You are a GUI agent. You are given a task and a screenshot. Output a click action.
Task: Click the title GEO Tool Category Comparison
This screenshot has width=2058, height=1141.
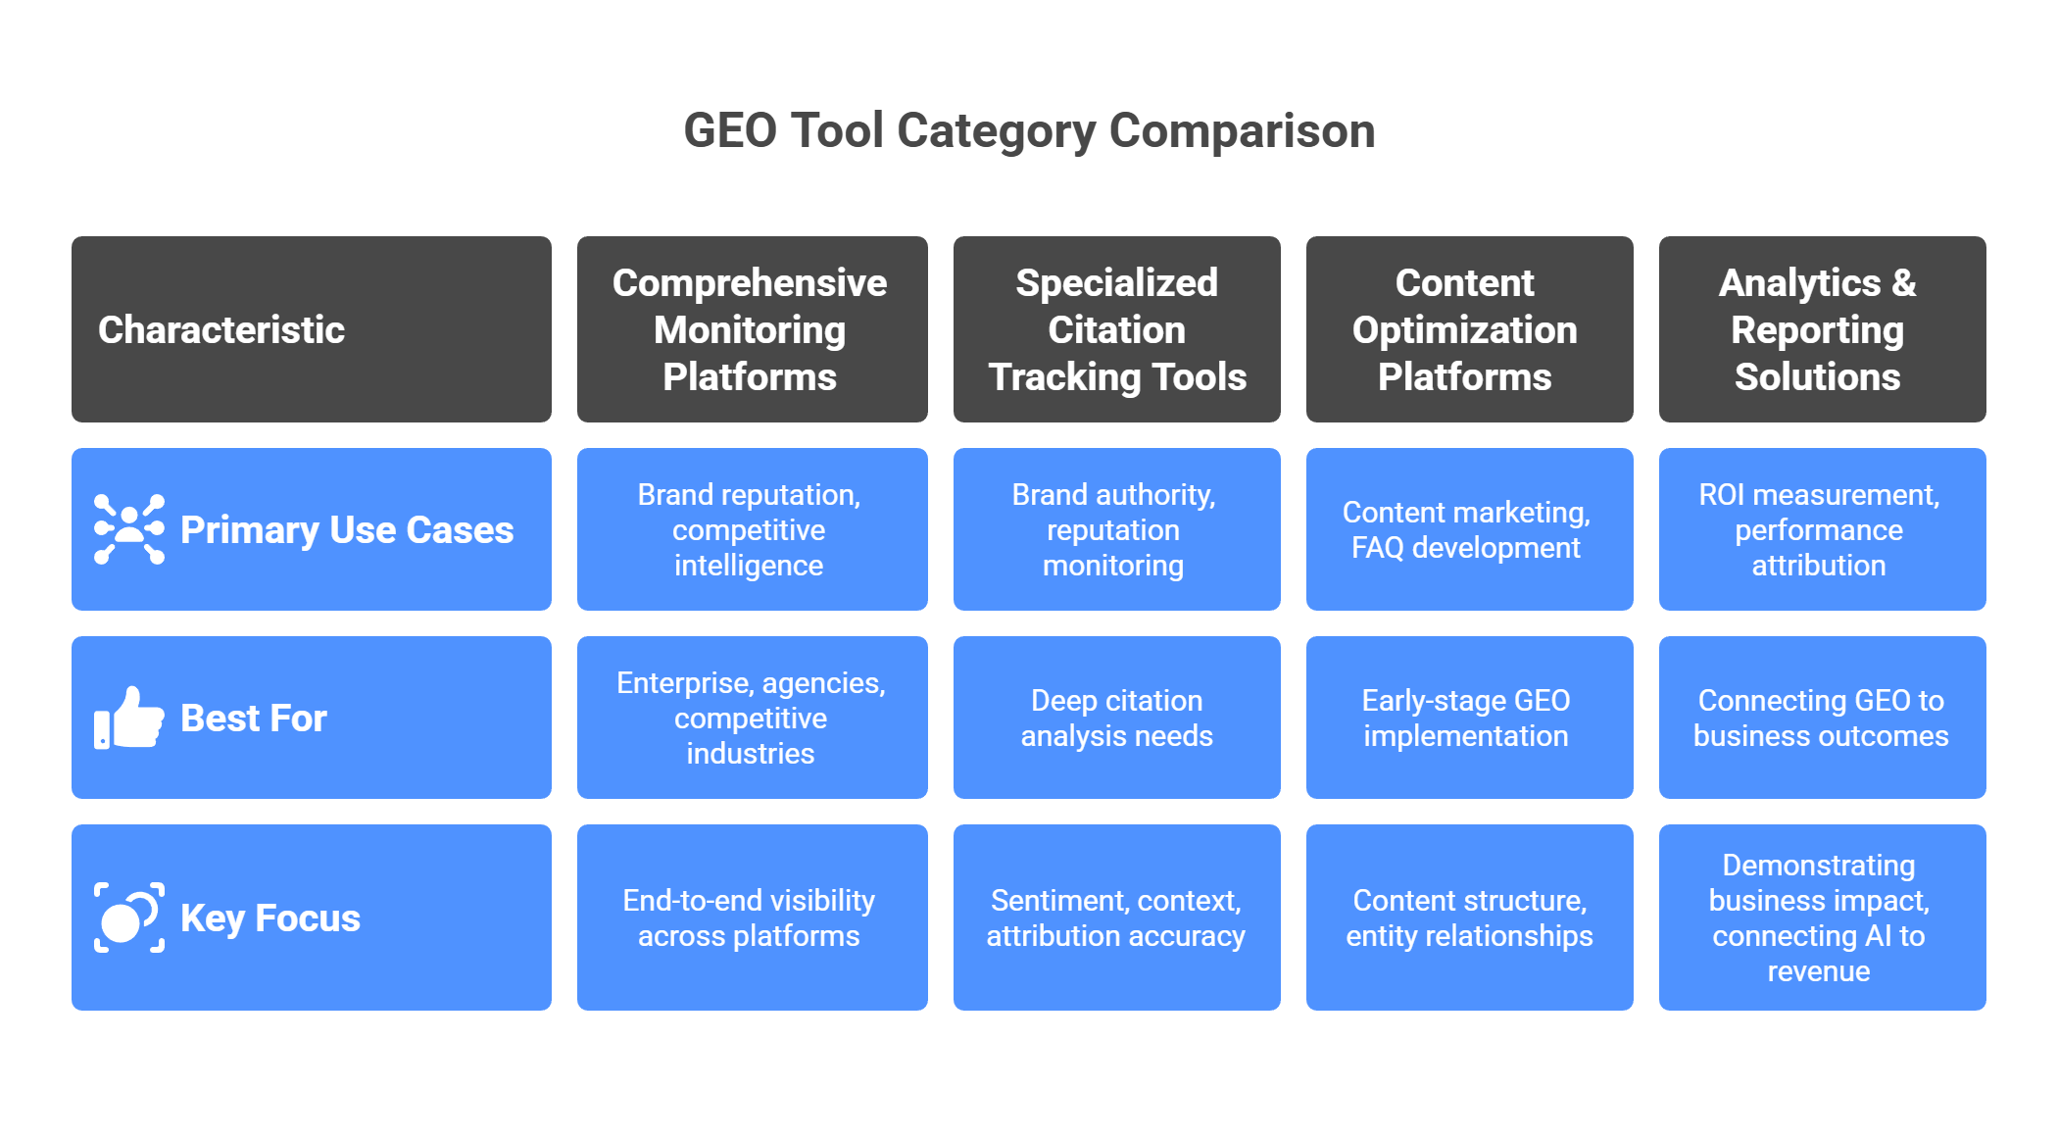(1029, 130)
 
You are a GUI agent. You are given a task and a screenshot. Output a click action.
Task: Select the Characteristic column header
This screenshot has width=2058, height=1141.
(221, 329)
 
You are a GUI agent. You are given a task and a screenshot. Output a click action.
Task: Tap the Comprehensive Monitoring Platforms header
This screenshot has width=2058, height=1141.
(750, 329)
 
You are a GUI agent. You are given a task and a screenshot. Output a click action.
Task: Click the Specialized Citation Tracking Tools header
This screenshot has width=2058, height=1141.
(1116, 329)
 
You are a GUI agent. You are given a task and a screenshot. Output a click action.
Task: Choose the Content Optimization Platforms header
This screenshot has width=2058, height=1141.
(1465, 329)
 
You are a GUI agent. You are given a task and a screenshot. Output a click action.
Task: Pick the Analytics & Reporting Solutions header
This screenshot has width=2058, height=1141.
(1818, 329)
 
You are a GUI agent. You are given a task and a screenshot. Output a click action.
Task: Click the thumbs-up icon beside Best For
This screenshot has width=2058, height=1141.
(129, 718)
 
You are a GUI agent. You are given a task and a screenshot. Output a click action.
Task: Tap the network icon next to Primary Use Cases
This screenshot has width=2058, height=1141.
(129, 529)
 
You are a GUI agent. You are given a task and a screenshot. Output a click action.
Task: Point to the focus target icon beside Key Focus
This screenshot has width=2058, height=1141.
(129, 918)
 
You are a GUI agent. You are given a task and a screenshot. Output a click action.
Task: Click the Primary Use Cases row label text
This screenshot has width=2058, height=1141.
(347, 529)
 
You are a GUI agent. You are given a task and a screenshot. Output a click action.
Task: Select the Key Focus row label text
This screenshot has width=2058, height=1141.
(270, 918)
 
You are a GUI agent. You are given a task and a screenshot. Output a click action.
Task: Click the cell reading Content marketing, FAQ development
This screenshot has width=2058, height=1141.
(1466, 529)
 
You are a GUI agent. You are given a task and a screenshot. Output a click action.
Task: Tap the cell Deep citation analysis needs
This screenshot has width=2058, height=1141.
(1116, 718)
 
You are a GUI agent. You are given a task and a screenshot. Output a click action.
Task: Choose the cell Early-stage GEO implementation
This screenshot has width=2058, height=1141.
(1466, 718)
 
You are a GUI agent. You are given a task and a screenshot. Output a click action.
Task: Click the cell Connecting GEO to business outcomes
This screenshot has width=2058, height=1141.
(1821, 718)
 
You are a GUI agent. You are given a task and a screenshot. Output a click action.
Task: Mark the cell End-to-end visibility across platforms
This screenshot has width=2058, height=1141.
(749, 918)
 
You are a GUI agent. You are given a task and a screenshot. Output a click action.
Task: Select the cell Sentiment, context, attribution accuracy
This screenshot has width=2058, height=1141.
(1116, 918)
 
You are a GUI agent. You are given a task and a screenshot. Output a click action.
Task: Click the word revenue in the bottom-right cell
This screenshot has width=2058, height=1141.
(1819, 971)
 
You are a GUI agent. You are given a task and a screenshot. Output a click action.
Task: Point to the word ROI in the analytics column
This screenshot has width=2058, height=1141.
(1722, 494)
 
